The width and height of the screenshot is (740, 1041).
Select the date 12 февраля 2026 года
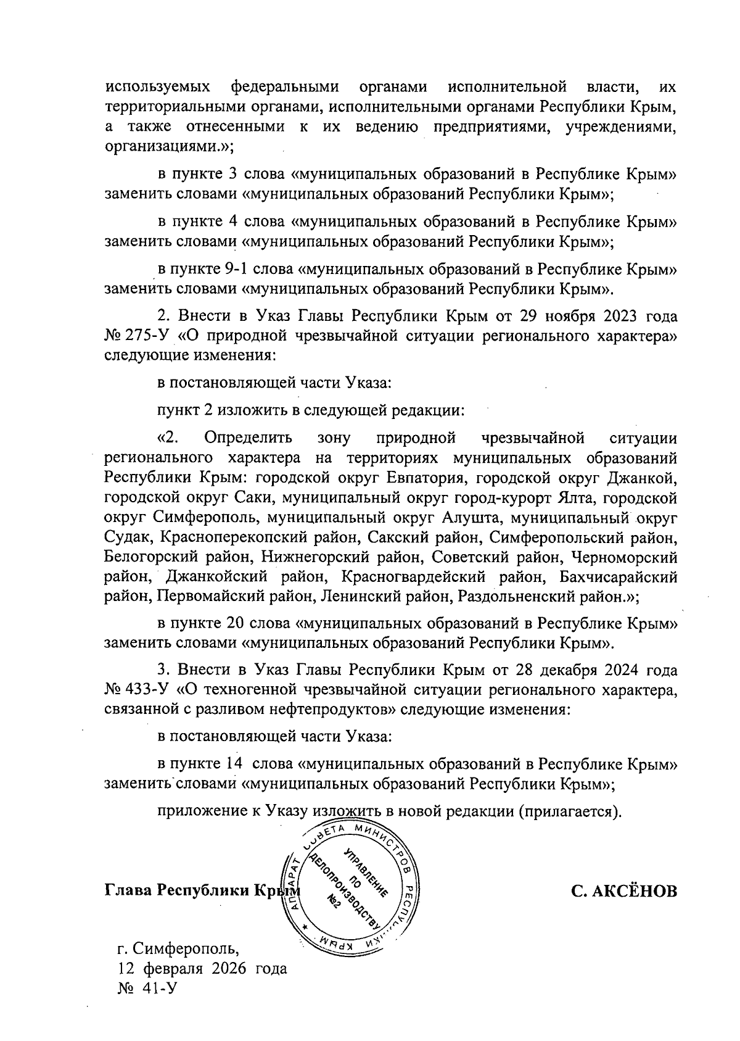(x=202, y=968)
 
